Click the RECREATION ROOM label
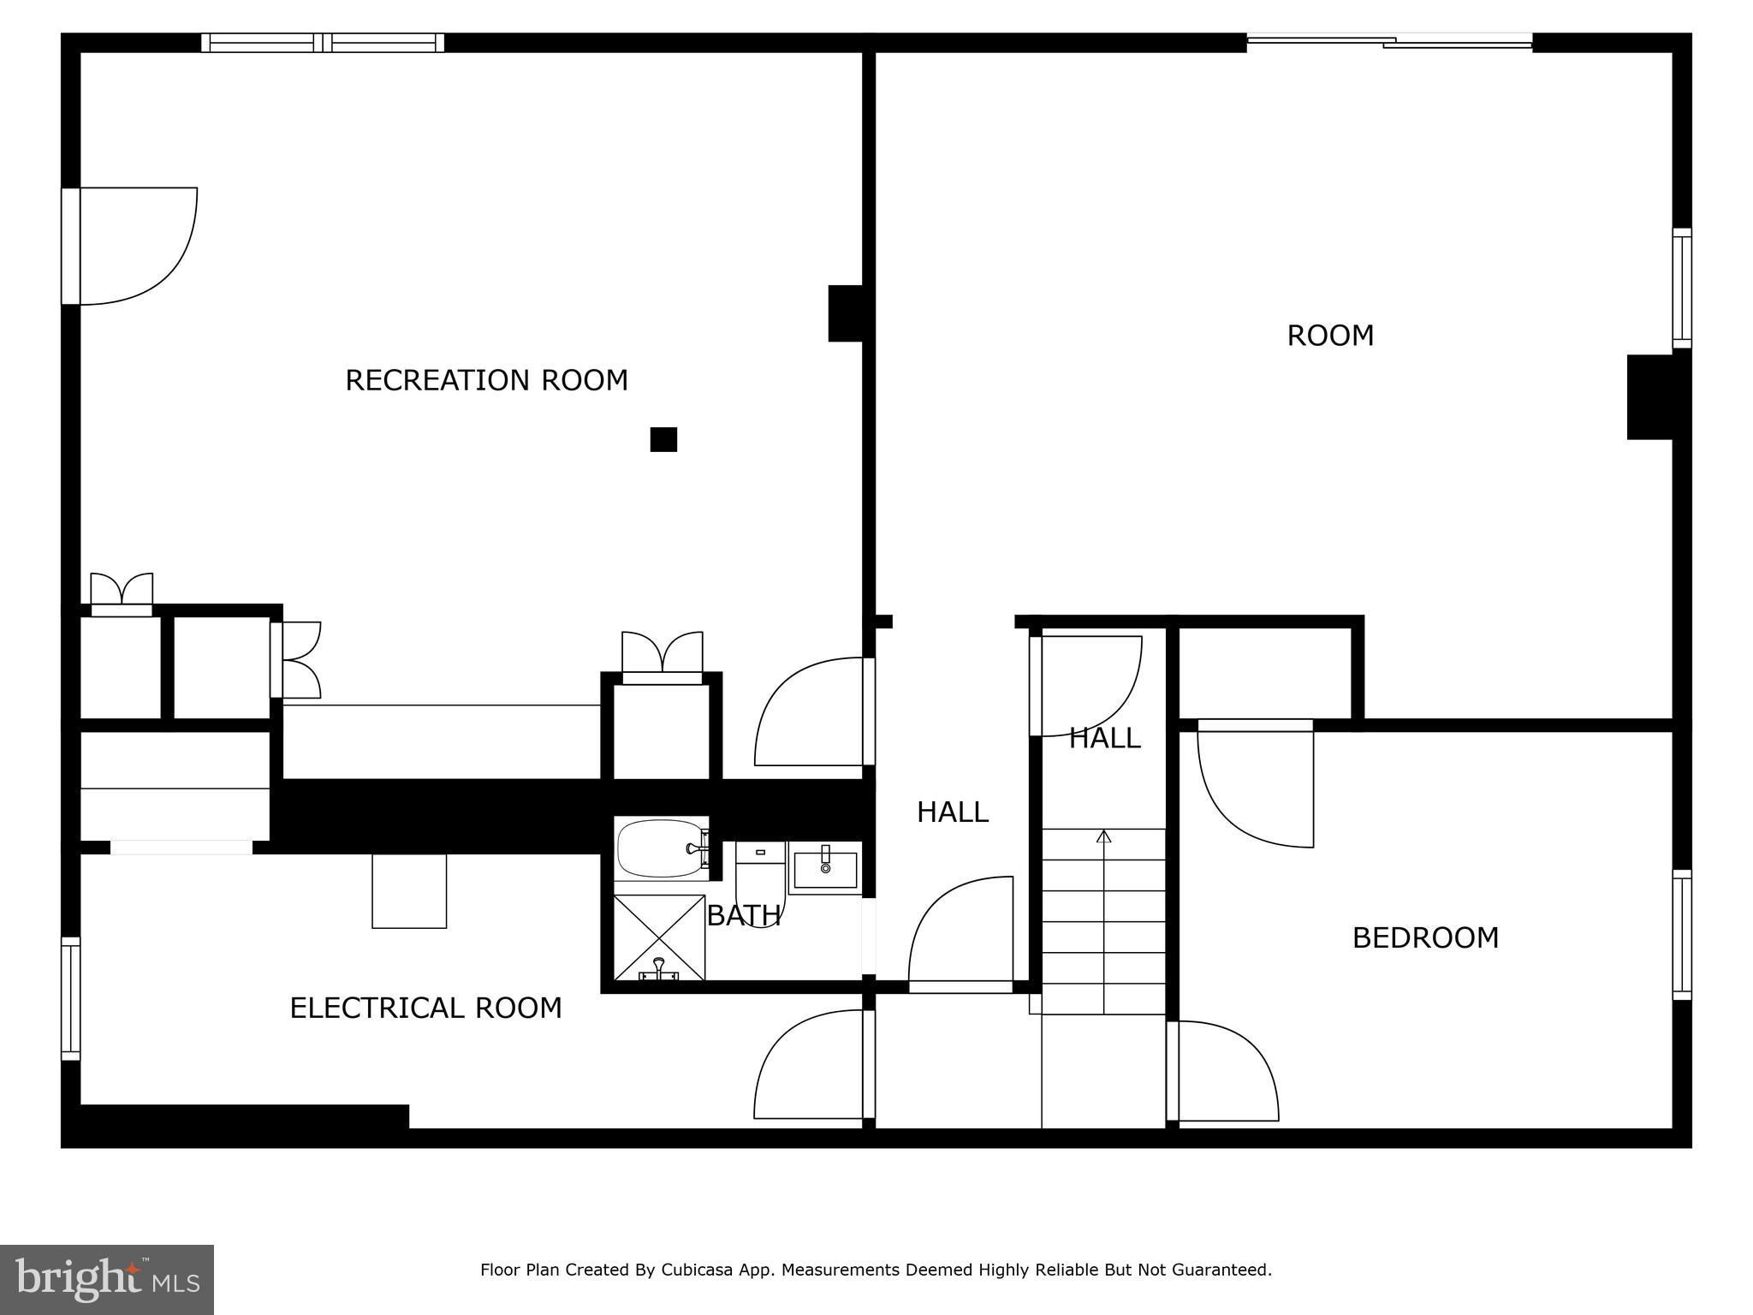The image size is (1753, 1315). pos(486,380)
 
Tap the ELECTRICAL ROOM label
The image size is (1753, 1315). pos(425,1008)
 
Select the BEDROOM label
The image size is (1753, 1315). pos(1425,937)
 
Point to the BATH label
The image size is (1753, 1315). pos(743,915)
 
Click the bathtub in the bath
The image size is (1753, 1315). pos(662,848)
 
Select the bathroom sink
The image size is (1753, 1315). pos(824,868)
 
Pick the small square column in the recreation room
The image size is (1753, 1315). pos(663,439)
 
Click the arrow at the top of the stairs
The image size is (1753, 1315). pos(1103,836)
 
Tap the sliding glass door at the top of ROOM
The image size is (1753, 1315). pos(1389,40)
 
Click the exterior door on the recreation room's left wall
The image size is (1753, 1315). pos(129,246)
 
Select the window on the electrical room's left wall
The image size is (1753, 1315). pos(70,999)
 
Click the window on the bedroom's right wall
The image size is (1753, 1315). pos(1682,935)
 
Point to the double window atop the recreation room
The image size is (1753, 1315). pos(323,42)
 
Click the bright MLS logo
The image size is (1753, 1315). pos(107,1280)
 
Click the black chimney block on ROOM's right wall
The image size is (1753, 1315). pos(1650,397)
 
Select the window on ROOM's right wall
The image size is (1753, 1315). pos(1682,289)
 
